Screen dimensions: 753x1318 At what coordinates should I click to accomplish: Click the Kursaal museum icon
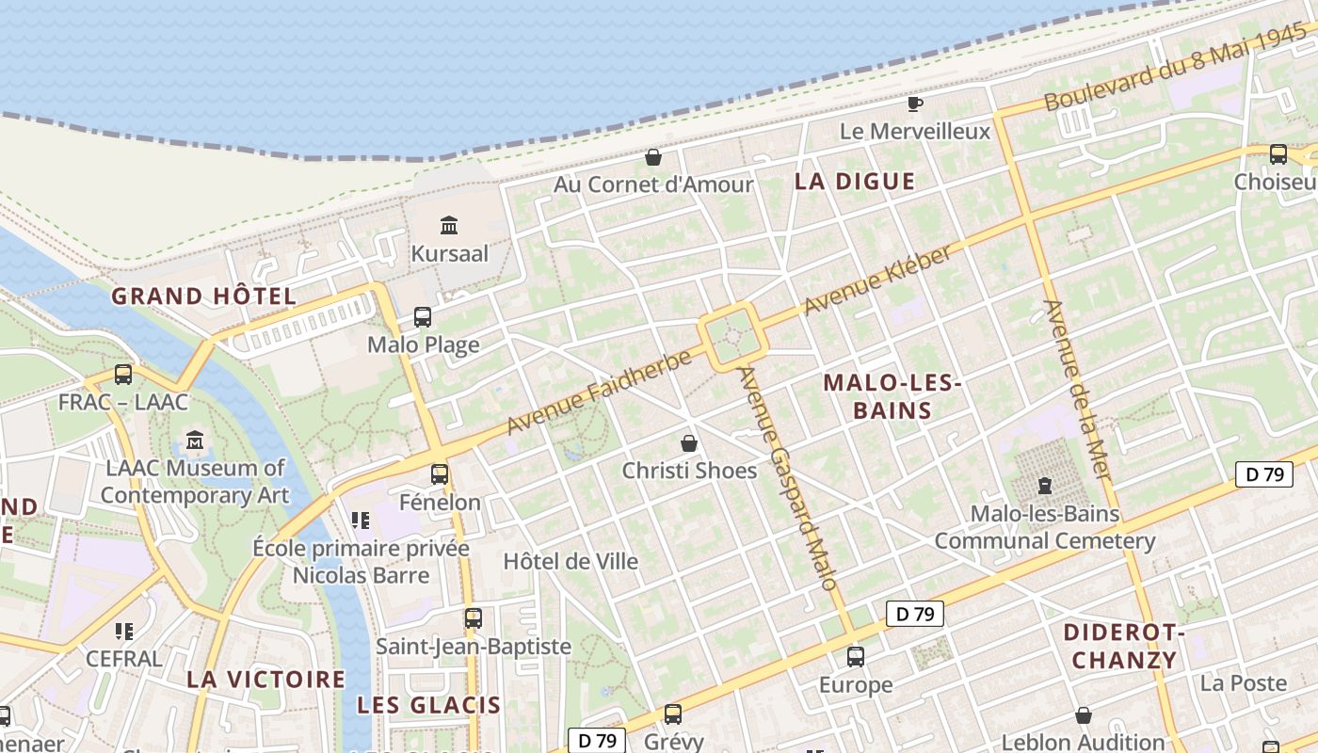tap(449, 225)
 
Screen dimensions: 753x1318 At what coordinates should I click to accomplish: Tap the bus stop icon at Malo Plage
tap(423, 317)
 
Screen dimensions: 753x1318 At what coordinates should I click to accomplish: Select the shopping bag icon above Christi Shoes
tap(689, 442)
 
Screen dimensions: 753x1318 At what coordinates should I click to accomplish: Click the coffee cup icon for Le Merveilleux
tap(914, 104)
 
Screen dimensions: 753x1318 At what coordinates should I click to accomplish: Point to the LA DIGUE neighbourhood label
tap(855, 182)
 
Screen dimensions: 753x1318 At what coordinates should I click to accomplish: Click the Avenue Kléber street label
tap(877, 280)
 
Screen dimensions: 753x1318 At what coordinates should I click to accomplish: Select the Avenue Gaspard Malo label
tap(787, 477)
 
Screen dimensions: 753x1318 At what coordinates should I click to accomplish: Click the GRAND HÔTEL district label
tap(204, 296)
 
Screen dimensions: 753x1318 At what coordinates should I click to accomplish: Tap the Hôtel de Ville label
tap(571, 562)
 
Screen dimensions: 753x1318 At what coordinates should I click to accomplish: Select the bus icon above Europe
tap(855, 656)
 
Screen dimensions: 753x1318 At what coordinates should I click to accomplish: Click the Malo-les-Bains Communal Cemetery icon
tap(1044, 486)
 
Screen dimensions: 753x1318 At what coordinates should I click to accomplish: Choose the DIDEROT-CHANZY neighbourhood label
tap(1124, 645)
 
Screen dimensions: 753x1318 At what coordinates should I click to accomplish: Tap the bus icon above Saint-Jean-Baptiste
tap(474, 618)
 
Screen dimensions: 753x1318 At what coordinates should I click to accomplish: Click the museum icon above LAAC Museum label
tap(195, 440)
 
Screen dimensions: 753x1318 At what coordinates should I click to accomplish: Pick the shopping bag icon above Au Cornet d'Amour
tap(653, 156)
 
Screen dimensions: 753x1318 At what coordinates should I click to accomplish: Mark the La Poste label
tap(1243, 683)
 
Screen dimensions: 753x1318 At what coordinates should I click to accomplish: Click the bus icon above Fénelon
tap(440, 474)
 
